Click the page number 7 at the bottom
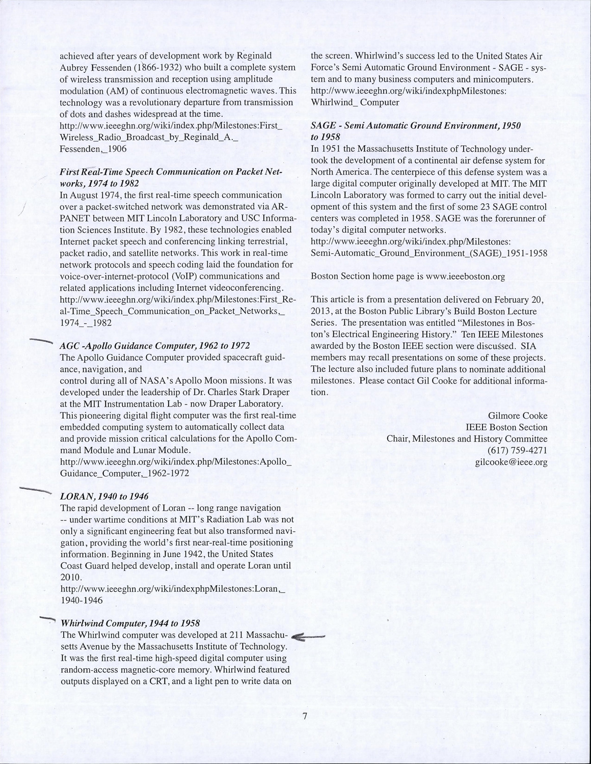(304, 716)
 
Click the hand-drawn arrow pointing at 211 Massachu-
(309, 637)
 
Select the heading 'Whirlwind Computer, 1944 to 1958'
(130, 623)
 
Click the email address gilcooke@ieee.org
(511, 462)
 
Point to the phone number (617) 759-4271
(517, 451)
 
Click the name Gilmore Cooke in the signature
(518, 416)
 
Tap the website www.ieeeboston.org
(465, 277)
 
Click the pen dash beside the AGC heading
(41, 342)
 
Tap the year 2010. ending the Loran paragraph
(70, 577)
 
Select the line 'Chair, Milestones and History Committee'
(467, 439)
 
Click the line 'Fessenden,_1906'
(93, 149)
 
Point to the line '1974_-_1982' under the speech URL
(86, 322)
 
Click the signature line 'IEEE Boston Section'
(506, 427)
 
